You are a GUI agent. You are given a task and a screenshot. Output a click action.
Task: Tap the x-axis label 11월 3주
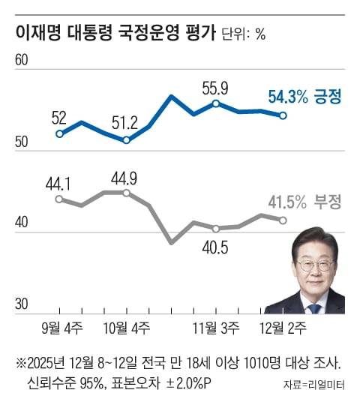(216, 328)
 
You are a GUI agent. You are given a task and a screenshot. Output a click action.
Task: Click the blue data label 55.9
(216, 88)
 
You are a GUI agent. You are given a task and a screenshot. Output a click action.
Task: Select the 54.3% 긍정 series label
(304, 96)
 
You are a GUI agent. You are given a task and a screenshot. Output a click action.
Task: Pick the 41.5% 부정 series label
(304, 202)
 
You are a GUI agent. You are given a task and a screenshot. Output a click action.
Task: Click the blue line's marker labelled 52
(59, 133)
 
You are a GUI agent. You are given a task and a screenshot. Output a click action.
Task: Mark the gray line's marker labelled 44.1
(59, 199)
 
